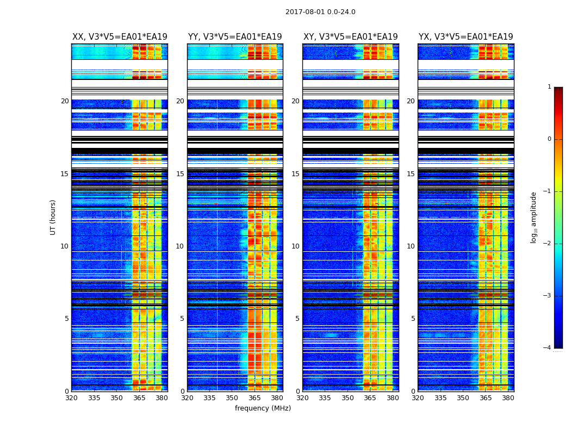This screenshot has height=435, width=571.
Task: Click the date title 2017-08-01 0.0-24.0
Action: (320, 12)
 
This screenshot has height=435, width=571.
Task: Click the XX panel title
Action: (120, 37)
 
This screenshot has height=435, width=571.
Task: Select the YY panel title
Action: (235, 37)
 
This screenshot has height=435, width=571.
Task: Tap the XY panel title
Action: (350, 37)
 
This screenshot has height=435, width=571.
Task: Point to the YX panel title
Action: (466, 37)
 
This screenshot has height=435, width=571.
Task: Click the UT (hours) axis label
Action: (53, 217)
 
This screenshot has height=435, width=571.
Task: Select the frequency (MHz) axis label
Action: (263, 408)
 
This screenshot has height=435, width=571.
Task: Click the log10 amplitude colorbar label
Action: (534, 217)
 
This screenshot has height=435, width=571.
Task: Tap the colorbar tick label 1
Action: (549, 87)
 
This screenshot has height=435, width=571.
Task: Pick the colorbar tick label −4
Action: (548, 348)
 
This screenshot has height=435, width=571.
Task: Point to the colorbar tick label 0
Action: (549, 139)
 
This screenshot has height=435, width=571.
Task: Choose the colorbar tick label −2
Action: (548, 244)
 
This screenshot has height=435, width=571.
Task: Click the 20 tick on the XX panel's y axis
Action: (65, 101)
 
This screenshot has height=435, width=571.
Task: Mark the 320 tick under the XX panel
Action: (71, 398)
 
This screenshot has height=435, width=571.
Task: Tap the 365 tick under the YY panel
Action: (255, 398)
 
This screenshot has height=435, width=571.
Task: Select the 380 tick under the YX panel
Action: (508, 398)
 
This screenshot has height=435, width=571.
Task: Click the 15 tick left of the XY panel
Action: (295, 174)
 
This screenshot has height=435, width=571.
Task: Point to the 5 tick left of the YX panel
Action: (413, 319)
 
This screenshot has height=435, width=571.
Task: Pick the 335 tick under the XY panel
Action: (325, 398)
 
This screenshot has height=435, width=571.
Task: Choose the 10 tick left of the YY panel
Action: (180, 246)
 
